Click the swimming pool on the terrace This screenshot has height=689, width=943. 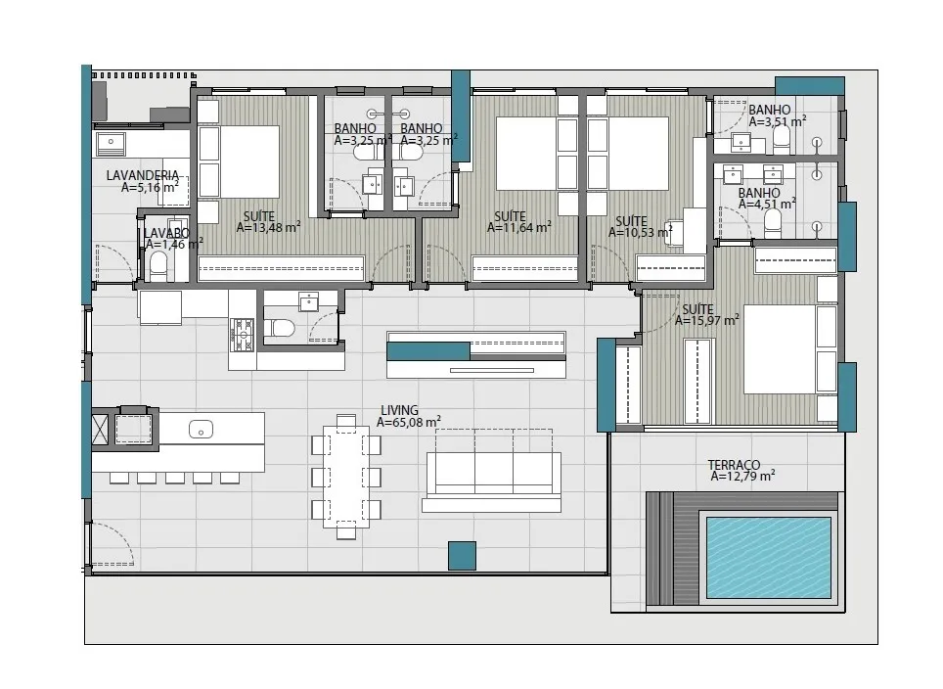click(x=769, y=557)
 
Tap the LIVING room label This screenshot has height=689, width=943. click(x=399, y=411)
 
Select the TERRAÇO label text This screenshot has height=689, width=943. click(x=734, y=465)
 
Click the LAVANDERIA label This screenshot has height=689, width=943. click(x=143, y=176)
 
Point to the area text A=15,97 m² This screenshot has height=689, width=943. click(x=706, y=321)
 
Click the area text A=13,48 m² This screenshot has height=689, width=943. click(x=268, y=227)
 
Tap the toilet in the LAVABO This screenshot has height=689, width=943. click(x=158, y=265)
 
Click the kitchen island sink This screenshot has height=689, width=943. click(x=201, y=429)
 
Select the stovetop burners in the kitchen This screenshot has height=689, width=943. click(x=243, y=335)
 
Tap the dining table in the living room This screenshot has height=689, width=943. click(x=346, y=477)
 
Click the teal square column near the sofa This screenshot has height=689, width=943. click(x=462, y=556)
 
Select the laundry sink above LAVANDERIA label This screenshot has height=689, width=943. click(x=111, y=143)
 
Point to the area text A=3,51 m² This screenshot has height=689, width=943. click(x=777, y=121)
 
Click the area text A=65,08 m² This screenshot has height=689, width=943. click(x=408, y=423)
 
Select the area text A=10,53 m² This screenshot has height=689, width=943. click(x=641, y=232)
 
